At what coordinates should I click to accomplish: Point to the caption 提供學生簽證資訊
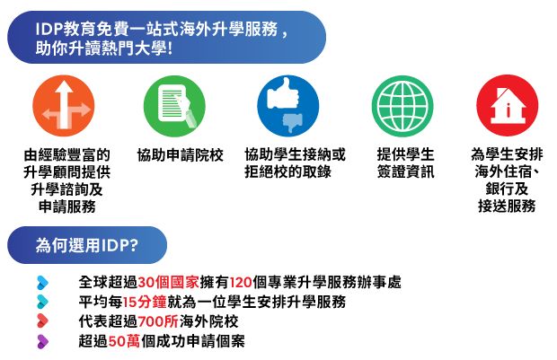click(405, 162)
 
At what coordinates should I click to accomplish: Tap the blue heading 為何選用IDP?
click(86, 244)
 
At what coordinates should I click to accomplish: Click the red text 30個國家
click(167, 282)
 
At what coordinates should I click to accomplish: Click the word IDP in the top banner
click(51, 30)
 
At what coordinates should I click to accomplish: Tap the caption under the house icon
click(507, 180)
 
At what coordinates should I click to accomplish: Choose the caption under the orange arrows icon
click(67, 180)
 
